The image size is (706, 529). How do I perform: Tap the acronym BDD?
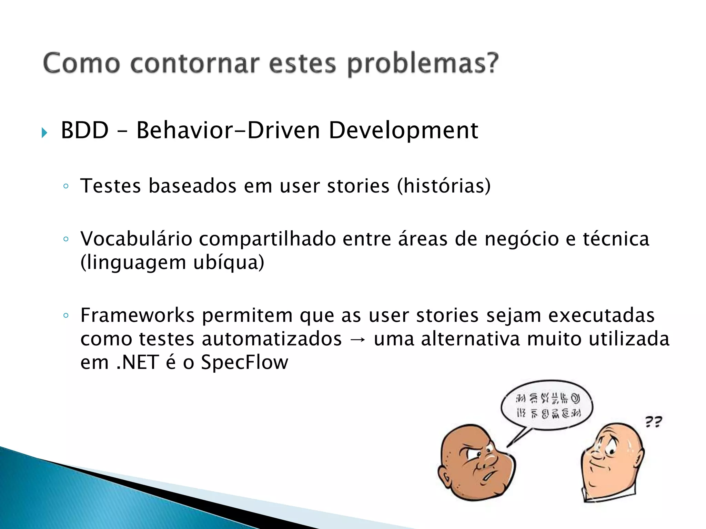(85, 131)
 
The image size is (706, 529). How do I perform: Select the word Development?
(403, 131)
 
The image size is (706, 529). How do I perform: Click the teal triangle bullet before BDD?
(44, 133)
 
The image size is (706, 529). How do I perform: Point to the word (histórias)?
(444, 186)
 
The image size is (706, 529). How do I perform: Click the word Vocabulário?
(136, 239)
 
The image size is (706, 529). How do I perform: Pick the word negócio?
(522, 239)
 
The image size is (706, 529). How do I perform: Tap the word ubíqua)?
(229, 262)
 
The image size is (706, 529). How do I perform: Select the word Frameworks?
(137, 315)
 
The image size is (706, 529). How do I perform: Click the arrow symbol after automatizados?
(357, 339)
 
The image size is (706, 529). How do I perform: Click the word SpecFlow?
(244, 362)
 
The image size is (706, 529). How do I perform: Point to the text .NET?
(138, 362)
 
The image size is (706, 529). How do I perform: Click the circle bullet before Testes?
(66, 186)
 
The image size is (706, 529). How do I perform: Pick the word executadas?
(601, 315)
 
